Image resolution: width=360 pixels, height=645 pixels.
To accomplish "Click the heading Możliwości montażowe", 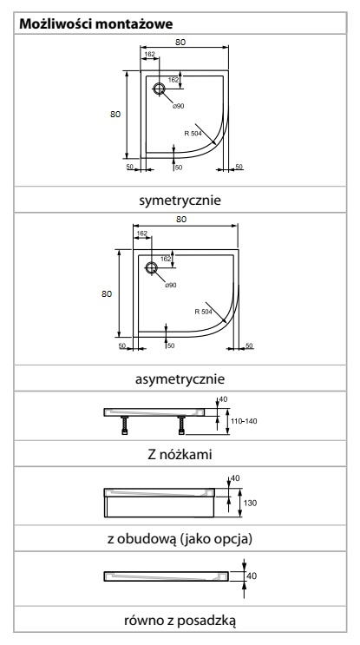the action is point(96,23).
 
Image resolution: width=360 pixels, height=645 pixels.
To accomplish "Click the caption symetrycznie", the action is point(180,201).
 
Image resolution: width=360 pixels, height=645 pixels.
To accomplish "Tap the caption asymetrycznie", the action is point(180,378).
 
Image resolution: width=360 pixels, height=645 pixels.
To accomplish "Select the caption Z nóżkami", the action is point(180,454).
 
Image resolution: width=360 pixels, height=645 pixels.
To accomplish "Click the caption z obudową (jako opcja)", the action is point(180,538).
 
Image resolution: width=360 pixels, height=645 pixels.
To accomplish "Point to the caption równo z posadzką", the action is point(180,621).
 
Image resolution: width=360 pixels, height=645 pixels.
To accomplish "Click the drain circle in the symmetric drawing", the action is point(159,89).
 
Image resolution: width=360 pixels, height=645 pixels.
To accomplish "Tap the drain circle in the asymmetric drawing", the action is point(151,267).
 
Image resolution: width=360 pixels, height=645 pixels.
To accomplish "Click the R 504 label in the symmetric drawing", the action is point(193,133).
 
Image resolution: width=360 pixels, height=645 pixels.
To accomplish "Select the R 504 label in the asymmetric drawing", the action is point(204,312).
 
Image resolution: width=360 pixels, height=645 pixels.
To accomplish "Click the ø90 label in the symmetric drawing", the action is point(179,106).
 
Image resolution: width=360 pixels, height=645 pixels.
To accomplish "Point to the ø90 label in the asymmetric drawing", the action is point(171,285).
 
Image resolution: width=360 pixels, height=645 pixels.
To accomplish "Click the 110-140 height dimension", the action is point(244,421).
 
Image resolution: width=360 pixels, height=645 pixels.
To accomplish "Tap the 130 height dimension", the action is point(250,503).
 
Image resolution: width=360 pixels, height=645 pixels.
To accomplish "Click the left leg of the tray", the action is point(125,425).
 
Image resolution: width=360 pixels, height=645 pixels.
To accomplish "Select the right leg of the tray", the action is point(181,425).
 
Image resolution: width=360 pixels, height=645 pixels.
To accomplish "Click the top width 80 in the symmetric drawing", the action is point(180,42).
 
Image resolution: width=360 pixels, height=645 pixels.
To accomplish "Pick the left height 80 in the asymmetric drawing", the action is point(107,293).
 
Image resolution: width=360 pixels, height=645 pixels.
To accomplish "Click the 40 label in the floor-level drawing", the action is point(252,576).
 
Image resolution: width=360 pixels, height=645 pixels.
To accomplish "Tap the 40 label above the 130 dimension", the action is point(235,478).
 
